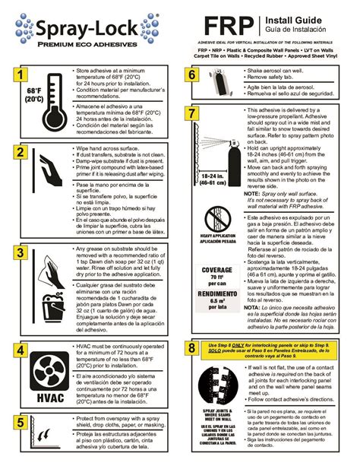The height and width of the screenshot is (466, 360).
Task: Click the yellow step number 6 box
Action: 193,74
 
